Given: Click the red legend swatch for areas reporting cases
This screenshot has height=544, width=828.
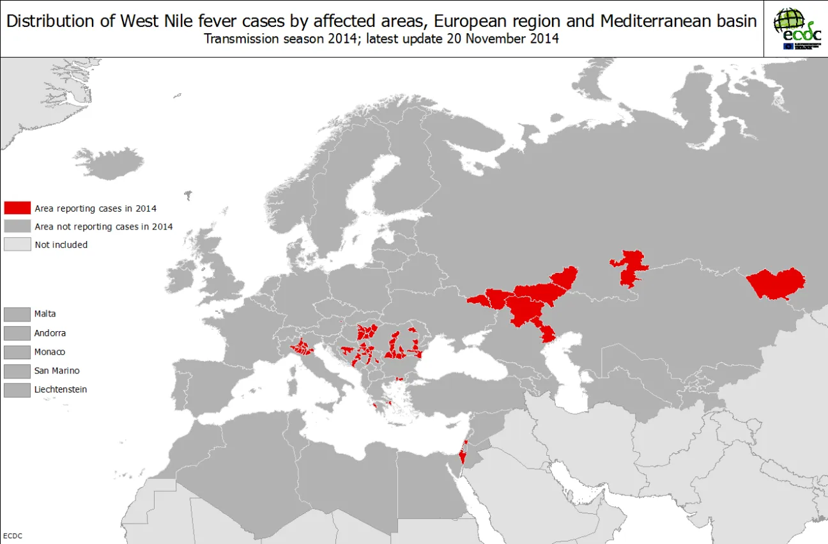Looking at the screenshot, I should (x=17, y=208).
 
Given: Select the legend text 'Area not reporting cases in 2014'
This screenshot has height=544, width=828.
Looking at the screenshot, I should (x=103, y=226).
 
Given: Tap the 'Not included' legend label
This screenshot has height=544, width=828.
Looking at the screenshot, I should (x=61, y=244).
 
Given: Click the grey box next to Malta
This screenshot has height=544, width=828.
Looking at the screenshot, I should (x=17, y=314).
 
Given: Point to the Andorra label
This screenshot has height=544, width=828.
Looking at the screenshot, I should (x=50, y=333).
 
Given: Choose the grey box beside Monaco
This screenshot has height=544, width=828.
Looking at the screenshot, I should (x=17, y=352).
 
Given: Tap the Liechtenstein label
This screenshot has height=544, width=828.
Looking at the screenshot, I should (x=61, y=389).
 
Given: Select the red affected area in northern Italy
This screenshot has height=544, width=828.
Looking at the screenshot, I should (x=301, y=348).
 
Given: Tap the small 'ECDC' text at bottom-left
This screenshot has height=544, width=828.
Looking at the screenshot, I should (x=13, y=536).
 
